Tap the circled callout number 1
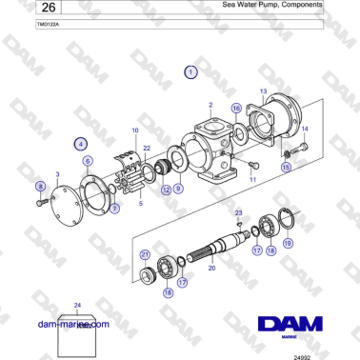coord(191,71)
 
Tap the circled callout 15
coord(286,167)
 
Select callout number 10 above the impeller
coord(134,129)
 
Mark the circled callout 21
coord(145,253)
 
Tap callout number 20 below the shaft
coord(212,269)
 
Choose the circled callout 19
coord(288,245)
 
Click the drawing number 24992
coord(329,354)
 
